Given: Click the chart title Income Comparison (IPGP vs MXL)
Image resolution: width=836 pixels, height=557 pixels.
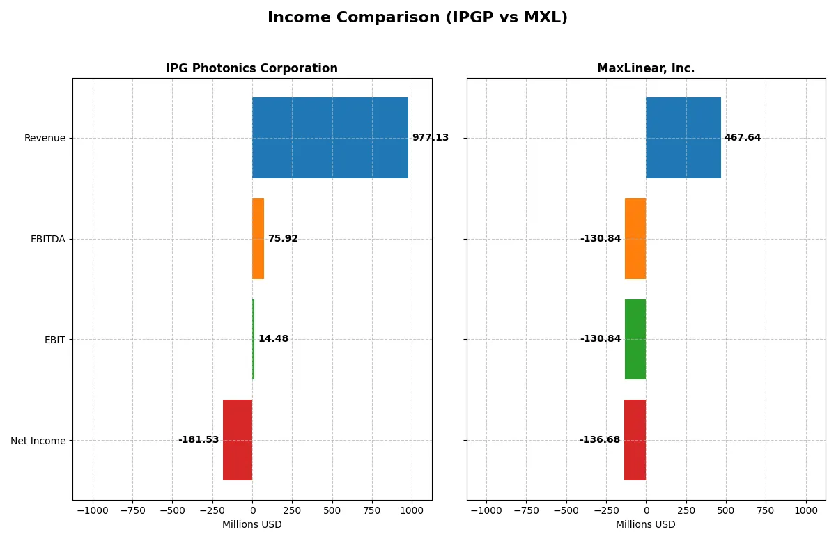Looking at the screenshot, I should point(417,18).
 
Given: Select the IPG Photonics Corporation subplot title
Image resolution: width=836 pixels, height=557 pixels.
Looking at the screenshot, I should point(251,68).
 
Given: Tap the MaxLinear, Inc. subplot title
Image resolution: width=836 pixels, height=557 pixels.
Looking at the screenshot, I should point(646,68).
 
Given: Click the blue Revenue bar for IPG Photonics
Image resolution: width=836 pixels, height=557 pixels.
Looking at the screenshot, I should point(330,138).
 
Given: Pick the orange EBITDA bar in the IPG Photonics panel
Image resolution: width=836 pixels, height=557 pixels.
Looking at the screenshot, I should point(258,239).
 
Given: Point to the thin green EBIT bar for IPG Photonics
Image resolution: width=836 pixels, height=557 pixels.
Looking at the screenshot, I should point(254,339).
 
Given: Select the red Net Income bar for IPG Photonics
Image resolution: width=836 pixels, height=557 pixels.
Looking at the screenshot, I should point(238,440).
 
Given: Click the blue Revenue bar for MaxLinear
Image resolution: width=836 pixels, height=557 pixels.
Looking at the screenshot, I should point(683,138).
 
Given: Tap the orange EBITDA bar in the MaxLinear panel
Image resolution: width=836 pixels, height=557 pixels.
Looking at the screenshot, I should point(635,239).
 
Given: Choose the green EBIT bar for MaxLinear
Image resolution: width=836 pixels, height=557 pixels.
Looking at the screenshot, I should point(635,339).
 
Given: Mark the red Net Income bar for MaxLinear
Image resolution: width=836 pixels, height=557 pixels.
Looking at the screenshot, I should point(635,440).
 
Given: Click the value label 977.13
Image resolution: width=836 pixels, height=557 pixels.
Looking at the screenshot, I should point(430,138).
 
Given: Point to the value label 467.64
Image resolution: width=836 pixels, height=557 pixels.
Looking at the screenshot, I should point(742,138).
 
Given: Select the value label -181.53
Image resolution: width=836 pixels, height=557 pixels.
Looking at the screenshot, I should point(199,440).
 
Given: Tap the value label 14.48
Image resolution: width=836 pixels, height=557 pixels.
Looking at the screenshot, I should point(273,339).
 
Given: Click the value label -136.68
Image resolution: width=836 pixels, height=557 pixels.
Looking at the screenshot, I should point(599,440).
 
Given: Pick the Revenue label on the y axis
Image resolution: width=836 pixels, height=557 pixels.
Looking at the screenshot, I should point(45,138).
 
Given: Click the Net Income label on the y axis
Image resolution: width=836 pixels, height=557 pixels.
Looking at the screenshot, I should point(38,440).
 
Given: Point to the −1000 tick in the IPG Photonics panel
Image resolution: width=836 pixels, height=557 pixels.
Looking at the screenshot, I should point(92,510).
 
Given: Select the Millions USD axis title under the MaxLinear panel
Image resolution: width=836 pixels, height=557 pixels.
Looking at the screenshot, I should point(646,524).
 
